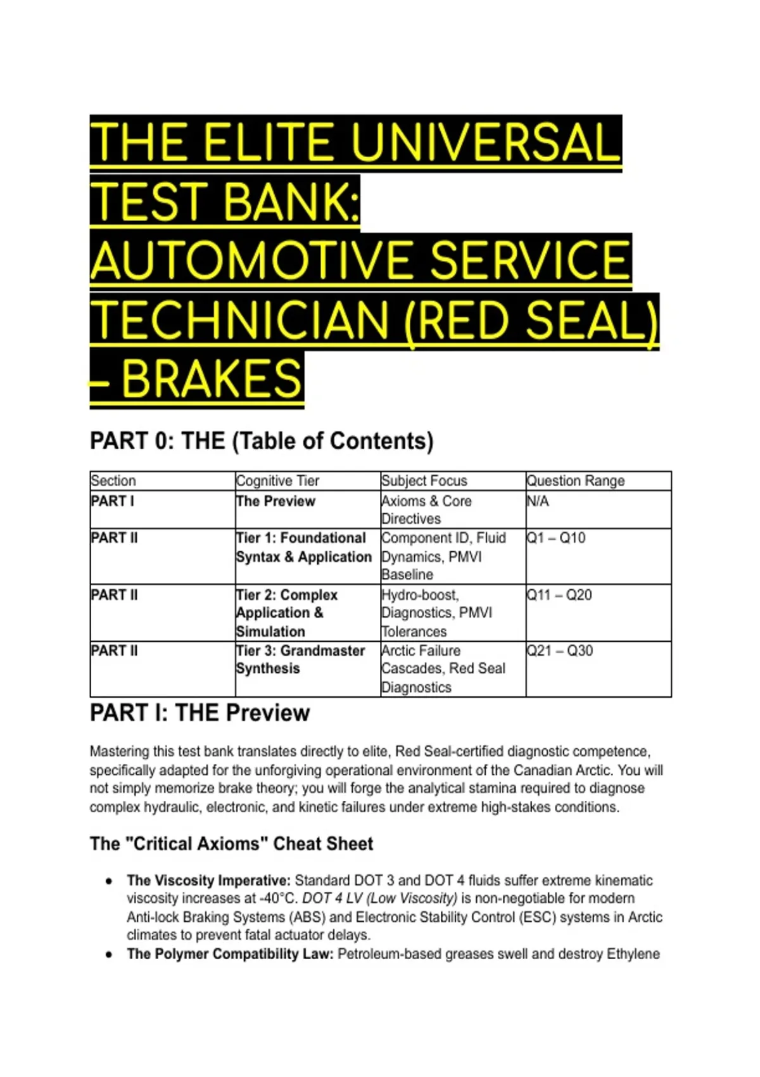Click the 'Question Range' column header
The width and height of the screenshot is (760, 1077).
pyautogui.click(x=576, y=480)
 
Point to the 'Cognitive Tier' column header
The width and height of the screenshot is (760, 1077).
pyautogui.click(x=277, y=480)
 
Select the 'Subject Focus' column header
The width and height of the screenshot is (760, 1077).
pyautogui.click(x=424, y=480)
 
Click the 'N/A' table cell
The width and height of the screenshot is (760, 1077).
pyautogui.click(x=538, y=501)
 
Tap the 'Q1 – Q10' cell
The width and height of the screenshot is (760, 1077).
pyautogui.click(x=555, y=537)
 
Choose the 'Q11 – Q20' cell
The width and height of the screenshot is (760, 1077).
pyautogui.click(x=559, y=595)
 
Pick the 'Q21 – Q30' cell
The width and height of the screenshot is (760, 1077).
pyautogui.click(x=559, y=651)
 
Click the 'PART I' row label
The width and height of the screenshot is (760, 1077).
pyautogui.click(x=113, y=501)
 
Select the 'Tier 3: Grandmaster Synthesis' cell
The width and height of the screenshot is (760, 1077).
pyautogui.click(x=300, y=659)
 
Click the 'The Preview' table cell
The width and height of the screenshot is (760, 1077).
pyautogui.click(x=275, y=501)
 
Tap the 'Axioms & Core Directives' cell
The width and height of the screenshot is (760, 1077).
pyautogui.click(x=426, y=509)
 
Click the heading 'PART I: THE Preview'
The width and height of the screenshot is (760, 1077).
pyautogui.click(x=199, y=713)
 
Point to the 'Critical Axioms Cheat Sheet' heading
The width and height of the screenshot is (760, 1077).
pyautogui.click(x=231, y=844)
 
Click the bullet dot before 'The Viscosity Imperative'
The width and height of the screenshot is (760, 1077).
pyautogui.click(x=110, y=881)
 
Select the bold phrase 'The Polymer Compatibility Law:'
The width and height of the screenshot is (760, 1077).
pyautogui.click(x=230, y=954)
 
